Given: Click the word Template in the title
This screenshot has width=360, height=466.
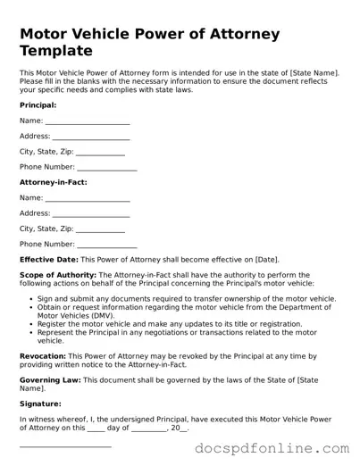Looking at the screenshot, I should coord(56,51).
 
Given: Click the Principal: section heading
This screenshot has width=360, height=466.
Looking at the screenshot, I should coord(38,105).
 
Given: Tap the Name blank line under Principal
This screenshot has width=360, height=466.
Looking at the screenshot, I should coord(87,122).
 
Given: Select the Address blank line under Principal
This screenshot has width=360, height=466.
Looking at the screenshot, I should coord(91,138).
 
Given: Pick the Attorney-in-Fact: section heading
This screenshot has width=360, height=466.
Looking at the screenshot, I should coord(53,182).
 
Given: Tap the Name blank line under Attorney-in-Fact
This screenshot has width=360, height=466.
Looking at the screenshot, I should coord(87,199).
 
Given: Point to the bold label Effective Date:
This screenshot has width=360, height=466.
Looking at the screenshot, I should coord(48,259).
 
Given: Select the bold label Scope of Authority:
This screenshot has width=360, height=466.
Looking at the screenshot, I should coord(58,275).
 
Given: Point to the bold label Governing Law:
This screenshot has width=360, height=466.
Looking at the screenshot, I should coord(50,379).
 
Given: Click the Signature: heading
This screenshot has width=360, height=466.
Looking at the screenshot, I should coord(40,404).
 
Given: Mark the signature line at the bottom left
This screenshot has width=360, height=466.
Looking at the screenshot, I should coord(65,445).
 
